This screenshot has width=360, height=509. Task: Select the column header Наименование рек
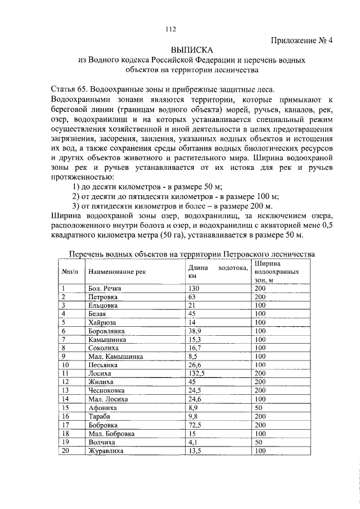click(x=116, y=272)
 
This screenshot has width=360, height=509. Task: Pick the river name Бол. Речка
click(x=105, y=288)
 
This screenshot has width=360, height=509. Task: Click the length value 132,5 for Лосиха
click(x=197, y=373)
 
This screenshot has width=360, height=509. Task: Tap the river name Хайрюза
click(x=103, y=322)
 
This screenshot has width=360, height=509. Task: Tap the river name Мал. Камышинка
click(x=115, y=356)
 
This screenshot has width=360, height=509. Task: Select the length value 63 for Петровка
click(x=192, y=296)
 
